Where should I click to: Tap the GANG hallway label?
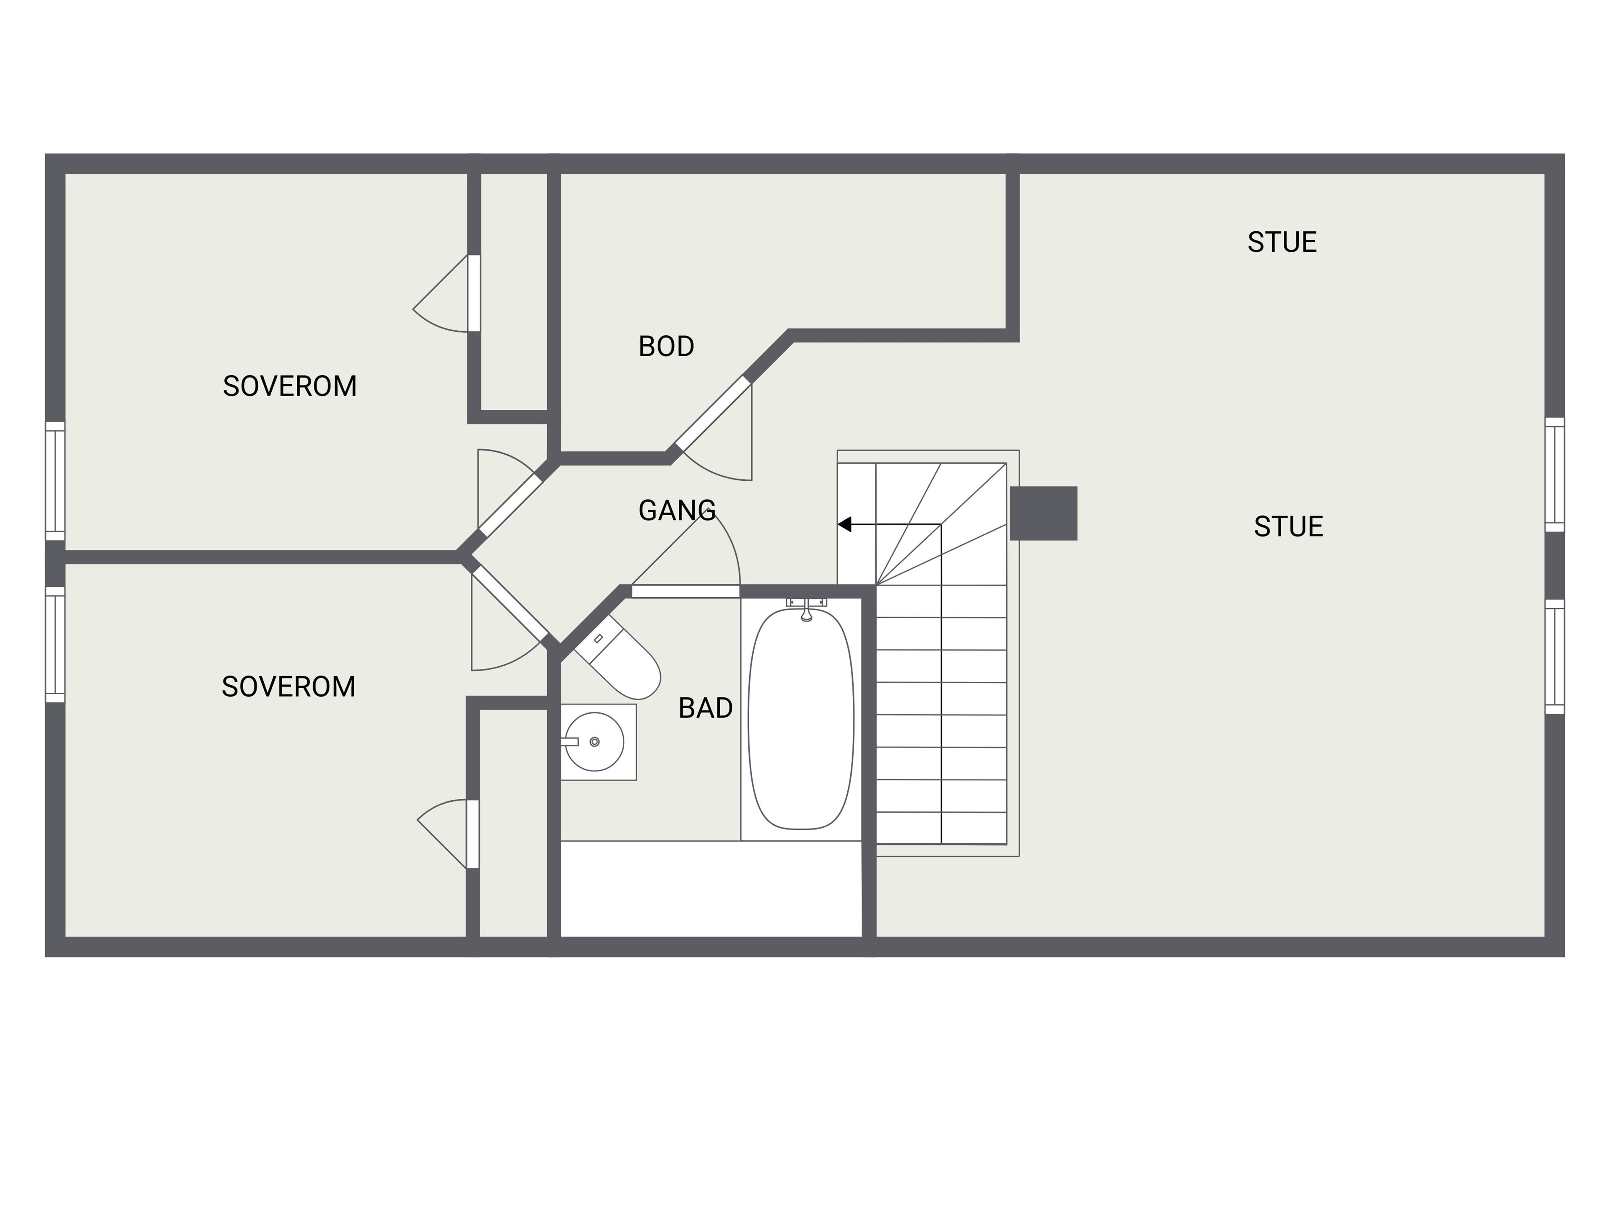(677, 511)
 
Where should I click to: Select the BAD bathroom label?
(705, 708)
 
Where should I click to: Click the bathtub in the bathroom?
(801, 719)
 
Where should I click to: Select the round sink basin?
(595, 741)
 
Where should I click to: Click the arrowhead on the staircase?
(844, 524)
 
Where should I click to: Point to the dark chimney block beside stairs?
(1043, 513)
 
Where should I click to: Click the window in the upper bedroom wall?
(55, 481)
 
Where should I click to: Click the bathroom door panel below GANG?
(686, 591)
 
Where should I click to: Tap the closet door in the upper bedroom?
(474, 293)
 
